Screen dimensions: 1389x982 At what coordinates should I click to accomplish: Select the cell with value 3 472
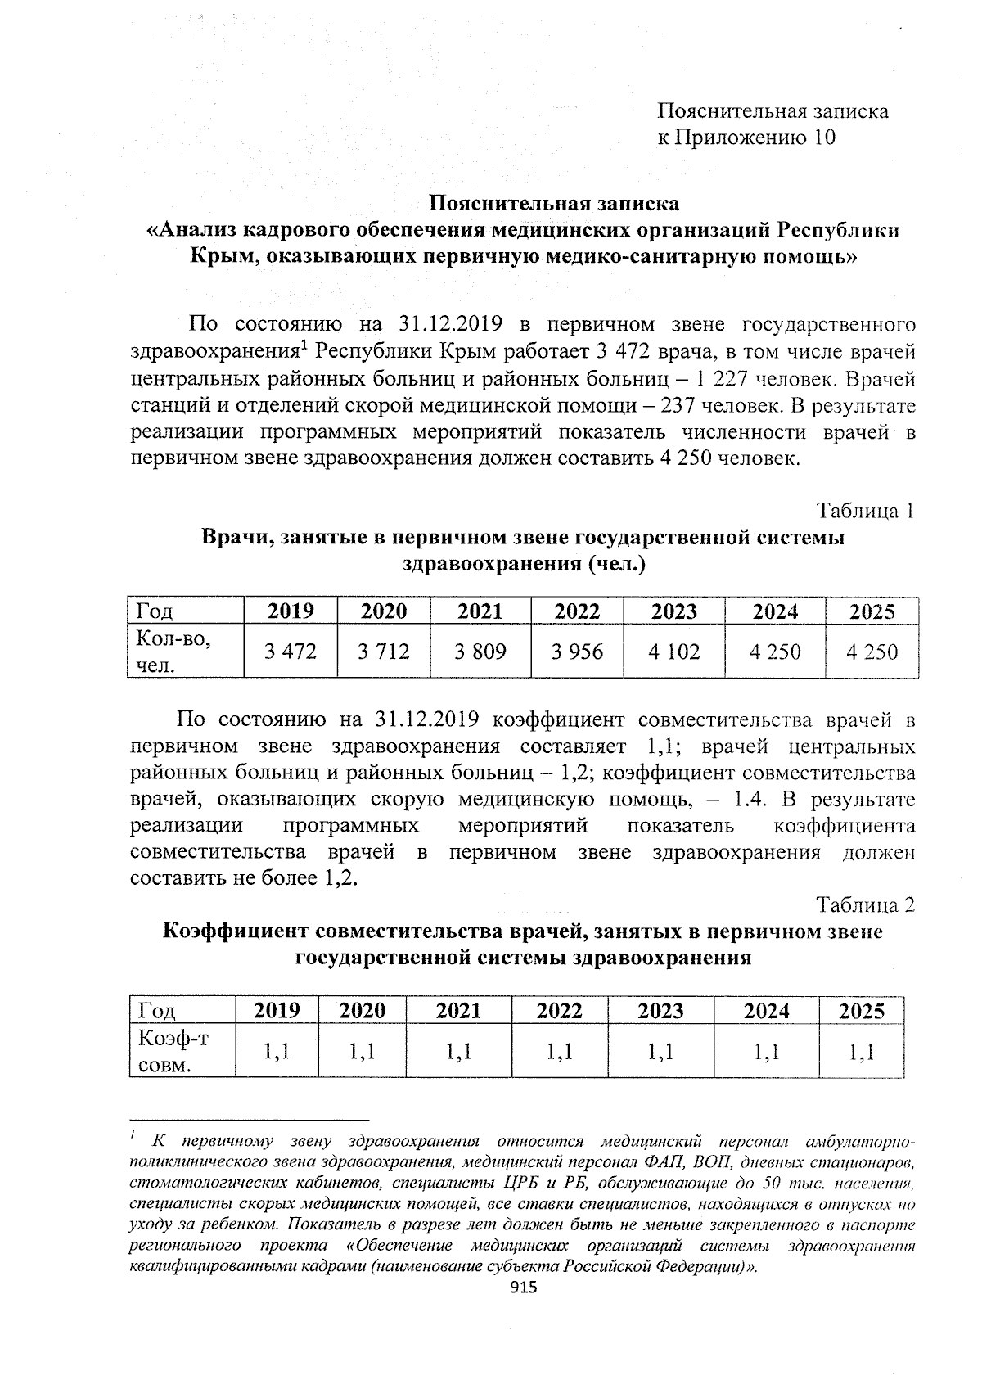[x=290, y=652]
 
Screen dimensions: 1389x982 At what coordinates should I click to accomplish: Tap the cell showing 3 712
[x=384, y=652]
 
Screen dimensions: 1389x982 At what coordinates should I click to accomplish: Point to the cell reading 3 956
[x=577, y=652]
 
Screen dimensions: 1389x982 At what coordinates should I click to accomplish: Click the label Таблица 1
[x=865, y=512]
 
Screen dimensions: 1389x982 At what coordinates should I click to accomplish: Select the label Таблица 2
[x=865, y=905]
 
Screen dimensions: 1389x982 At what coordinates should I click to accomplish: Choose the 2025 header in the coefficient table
[x=862, y=1011]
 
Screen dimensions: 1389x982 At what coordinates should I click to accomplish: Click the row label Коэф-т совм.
[x=173, y=1052]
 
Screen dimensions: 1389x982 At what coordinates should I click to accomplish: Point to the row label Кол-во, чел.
[x=174, y=652]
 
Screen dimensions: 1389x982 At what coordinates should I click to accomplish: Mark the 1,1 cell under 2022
[x=559, y=1052]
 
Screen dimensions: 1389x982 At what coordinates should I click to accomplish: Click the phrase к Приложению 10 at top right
[x=747, y=138]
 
